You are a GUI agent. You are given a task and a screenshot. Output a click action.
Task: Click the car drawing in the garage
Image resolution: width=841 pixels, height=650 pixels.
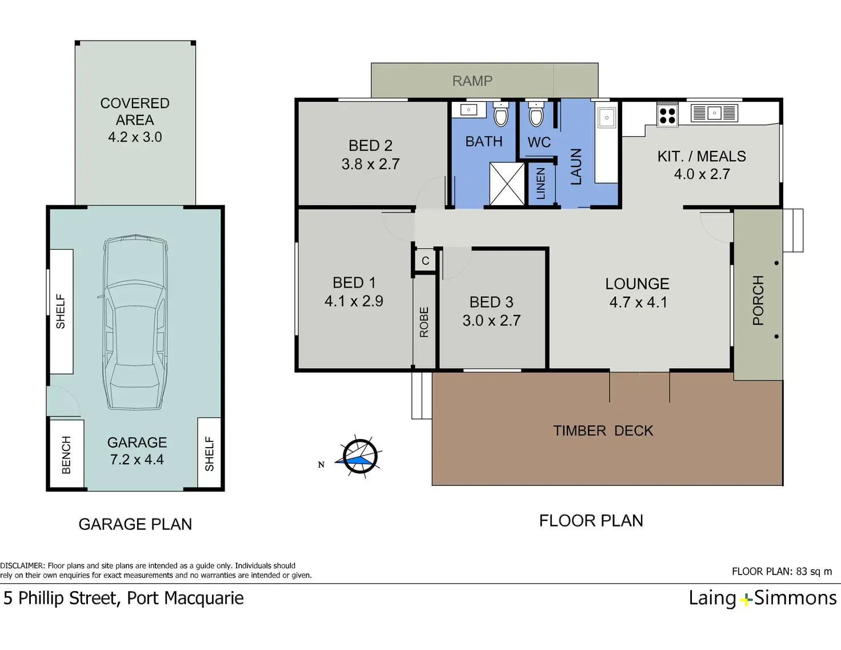point(135,322)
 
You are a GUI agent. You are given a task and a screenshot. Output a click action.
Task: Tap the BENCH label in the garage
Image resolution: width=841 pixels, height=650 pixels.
point(67,454)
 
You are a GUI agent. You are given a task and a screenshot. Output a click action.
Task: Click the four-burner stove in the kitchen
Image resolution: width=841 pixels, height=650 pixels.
point(668,115)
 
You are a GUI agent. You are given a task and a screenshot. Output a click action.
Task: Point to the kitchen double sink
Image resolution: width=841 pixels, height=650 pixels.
point(714,113)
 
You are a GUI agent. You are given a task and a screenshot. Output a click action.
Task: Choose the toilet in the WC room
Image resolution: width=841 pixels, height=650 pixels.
point(536,114)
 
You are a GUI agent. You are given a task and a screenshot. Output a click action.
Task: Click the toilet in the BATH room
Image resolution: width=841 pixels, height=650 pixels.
point(501,114)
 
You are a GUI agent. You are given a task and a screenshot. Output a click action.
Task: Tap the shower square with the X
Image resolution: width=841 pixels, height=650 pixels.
point(507,184)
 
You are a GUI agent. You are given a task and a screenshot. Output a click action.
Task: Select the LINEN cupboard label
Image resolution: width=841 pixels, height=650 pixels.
point(541,184)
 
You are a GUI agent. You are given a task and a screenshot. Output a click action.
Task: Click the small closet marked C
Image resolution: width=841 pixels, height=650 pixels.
point(425,261)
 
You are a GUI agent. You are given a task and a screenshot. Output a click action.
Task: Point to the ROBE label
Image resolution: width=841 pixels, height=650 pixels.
point(424,322)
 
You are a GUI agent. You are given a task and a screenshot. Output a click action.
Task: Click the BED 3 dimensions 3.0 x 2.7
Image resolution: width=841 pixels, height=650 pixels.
point(491,321)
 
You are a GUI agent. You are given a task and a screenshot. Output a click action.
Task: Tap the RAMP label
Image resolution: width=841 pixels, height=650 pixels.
point(472,81)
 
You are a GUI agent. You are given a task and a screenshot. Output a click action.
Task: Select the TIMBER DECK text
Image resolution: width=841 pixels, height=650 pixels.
point(603,431)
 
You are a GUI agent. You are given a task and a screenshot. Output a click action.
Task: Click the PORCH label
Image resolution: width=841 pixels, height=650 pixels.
point(758,300)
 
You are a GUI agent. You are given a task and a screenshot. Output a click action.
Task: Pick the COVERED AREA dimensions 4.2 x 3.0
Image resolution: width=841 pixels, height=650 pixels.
point(135,137)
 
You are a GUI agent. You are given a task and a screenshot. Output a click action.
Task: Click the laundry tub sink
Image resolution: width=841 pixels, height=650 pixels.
point(606,118)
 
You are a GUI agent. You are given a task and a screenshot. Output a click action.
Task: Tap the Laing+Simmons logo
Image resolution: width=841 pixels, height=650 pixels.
point(762,598)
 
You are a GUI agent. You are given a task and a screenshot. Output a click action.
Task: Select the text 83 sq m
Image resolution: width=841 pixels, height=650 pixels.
point(814,572)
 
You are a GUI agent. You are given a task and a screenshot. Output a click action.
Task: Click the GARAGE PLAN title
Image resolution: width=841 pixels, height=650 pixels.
point(135,524)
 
